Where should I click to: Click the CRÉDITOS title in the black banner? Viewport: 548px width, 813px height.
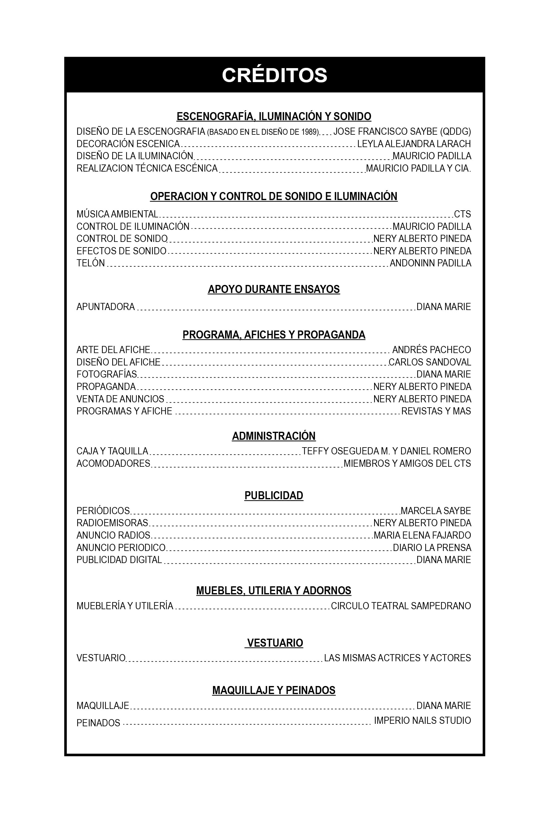coord(274,75)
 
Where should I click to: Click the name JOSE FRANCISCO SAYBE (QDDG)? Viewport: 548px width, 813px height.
coord(402,132)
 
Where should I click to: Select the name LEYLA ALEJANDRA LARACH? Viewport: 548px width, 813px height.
coord(414,144)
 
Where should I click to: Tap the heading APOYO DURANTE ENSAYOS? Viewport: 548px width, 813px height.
coord(274,289)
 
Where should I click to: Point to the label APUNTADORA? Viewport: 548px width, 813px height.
coord(106,307)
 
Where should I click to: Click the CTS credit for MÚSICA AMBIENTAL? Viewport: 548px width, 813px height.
coord(462,214)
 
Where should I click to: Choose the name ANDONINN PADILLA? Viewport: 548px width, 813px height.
coord(430,263)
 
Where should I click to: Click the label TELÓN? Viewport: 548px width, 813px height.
coord(91,263)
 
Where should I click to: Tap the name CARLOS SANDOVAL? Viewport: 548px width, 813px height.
coord(430,362)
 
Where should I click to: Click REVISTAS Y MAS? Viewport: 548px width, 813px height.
coord(436,411)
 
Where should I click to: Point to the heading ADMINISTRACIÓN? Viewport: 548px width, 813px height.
coord(274,436)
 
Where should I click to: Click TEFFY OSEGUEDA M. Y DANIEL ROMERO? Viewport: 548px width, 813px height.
coord(386,451)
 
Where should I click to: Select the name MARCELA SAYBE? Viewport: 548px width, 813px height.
coord(435,511)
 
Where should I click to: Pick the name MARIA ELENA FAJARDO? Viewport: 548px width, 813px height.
coord(422,535)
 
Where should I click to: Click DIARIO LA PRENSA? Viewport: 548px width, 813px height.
coord(432,547)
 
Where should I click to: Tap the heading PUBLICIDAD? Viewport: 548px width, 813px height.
coord(274,495)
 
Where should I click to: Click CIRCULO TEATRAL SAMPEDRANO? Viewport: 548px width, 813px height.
coord(401,605)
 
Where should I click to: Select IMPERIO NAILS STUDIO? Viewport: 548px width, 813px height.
coord(422,720)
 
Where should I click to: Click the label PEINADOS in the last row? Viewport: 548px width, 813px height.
coord(98,723)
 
